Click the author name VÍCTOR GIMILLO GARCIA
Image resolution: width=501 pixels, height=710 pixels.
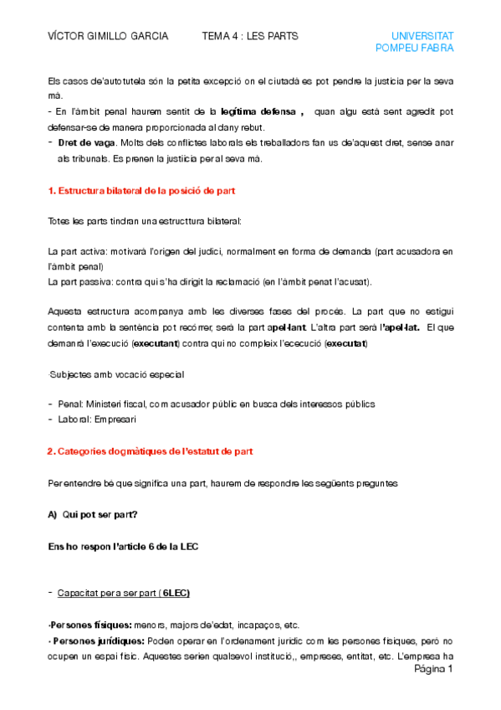108,36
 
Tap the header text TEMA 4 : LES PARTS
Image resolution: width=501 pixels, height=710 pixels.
250,36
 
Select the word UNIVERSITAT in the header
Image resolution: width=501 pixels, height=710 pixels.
422,36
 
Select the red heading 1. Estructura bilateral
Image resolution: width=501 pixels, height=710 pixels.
142,191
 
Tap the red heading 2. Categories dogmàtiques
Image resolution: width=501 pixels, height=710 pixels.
151,452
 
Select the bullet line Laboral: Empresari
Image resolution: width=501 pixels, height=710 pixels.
97,419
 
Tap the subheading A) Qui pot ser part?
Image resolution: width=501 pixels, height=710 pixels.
94,514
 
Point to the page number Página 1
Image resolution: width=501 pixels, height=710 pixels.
433,670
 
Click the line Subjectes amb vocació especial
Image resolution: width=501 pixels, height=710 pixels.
117,374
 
